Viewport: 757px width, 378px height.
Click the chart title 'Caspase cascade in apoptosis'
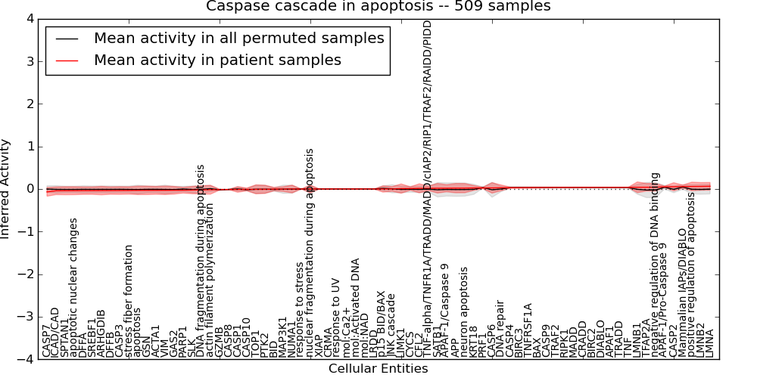tap(378, 7)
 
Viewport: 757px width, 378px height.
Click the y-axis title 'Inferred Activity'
tap(7, 189)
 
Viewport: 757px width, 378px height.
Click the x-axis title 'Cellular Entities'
tap(378, 369)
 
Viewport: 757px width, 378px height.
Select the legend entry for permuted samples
tap(238, 38)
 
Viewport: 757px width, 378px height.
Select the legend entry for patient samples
tap(217, 60)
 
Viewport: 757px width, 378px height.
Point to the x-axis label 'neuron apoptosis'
tap(464, 307)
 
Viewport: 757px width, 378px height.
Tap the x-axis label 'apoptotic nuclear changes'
tap(74, 287)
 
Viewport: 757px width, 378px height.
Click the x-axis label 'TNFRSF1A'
tap(528, 330)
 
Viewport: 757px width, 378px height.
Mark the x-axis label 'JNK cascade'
tap(391, 324)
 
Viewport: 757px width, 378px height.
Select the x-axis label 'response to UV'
tap(337, 321)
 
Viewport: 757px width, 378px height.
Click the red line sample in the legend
tap(64, 60)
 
